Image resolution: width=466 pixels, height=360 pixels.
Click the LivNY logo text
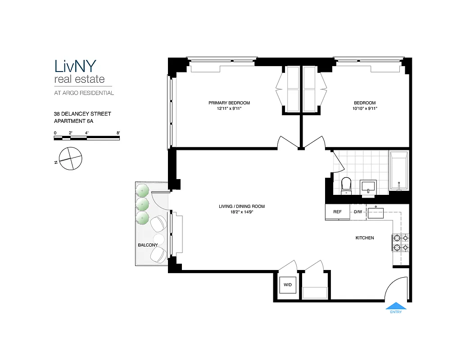(75, 66)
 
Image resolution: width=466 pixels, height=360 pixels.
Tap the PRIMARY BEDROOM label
(229, 103)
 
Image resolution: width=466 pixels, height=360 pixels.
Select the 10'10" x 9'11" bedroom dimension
(364, 108)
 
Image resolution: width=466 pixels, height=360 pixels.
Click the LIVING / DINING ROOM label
(241, 207)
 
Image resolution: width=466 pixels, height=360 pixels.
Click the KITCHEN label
(365, 238)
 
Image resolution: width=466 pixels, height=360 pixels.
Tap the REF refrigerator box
(337, 212)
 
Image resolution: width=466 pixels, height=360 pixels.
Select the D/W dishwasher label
(358, 212)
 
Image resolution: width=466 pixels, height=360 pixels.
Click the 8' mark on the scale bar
(118, 133)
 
